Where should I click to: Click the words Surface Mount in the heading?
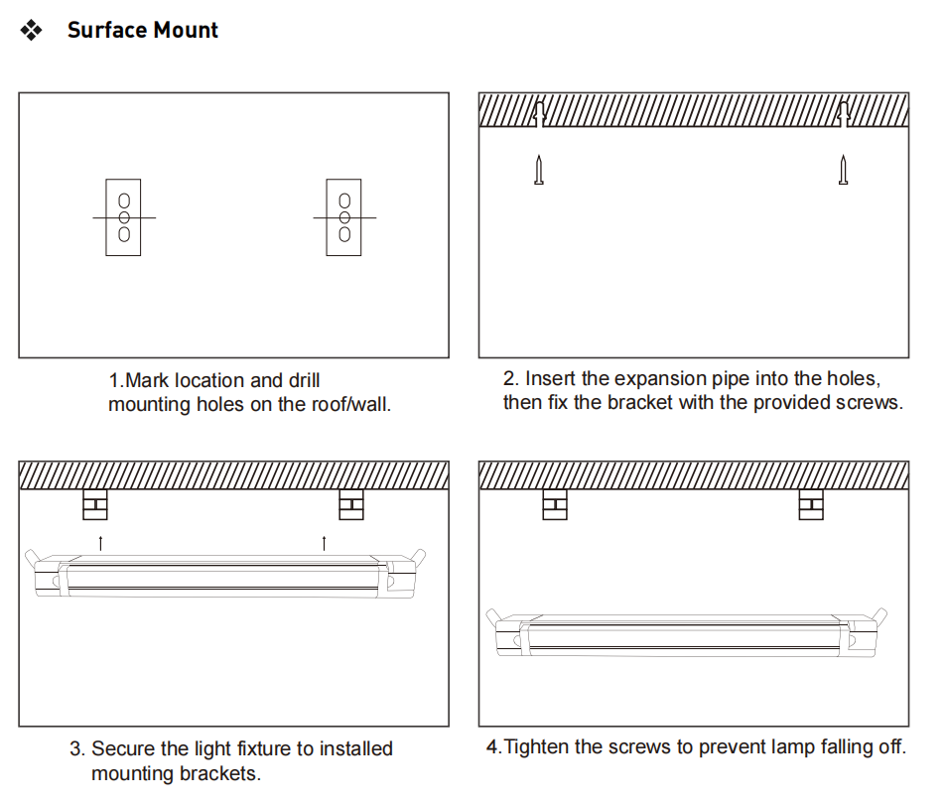[x=142, y=30]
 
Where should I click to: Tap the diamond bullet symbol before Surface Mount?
[x=32, y=31]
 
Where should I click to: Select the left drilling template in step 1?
[x=123, y=216]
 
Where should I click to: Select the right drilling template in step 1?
[x=343, y=216]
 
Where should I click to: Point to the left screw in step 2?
[x=539, y=171]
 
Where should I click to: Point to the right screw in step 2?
[x=843, y=171]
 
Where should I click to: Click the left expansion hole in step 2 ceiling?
[x=538, y=112]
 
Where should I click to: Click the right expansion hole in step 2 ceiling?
[x=843, y=112]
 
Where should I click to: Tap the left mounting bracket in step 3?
[x=95, y=505]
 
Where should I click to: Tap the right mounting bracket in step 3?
[x=350, y=505]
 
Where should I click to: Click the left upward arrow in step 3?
[x=100, y=541]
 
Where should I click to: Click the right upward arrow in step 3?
[x=324, y=541]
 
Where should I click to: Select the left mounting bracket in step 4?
[x=555, y=505]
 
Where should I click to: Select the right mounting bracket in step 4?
[x=811, y=505]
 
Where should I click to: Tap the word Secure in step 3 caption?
[x=122, y=748]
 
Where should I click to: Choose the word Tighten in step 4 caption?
[x=537, y=747]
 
